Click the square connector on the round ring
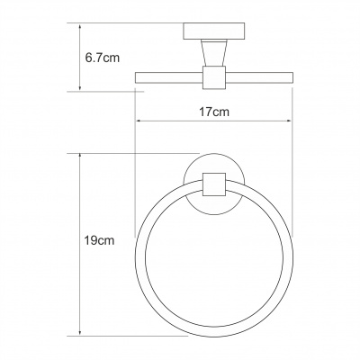point(213,185)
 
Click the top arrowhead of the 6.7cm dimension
point(82,26)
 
